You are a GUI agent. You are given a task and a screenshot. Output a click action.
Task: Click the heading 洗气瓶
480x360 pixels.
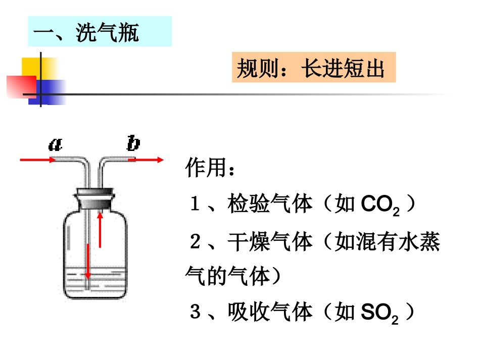(107, 32)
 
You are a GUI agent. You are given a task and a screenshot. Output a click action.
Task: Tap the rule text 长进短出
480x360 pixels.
(343, 68)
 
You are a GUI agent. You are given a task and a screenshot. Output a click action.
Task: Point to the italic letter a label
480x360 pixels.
(56, 144)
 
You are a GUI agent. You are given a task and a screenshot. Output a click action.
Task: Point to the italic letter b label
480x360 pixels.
(133, 143)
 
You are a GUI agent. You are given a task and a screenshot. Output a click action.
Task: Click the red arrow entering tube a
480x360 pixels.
(38, 160)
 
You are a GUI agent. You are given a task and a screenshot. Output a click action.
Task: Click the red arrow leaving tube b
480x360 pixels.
(146, 160)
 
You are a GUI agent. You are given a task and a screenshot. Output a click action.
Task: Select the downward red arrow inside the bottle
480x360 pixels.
(88, 262)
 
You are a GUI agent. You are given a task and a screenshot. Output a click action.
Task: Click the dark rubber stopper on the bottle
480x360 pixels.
(95, 199)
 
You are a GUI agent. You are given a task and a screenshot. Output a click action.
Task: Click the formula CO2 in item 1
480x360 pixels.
(380, 204)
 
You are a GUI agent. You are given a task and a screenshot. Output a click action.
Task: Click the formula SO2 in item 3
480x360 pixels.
(379, 313)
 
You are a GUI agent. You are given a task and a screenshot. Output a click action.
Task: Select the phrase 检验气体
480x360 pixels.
(270, 203)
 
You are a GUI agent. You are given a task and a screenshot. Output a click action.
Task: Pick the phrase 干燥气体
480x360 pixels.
(270, 242)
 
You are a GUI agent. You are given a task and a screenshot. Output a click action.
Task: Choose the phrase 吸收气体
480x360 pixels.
(270, 312)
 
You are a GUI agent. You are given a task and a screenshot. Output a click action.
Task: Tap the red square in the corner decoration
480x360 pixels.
(21, 87)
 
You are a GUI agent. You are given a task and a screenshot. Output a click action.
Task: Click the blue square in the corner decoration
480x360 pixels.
(47, 92)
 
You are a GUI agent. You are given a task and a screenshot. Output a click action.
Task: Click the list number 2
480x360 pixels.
(195, 242)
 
